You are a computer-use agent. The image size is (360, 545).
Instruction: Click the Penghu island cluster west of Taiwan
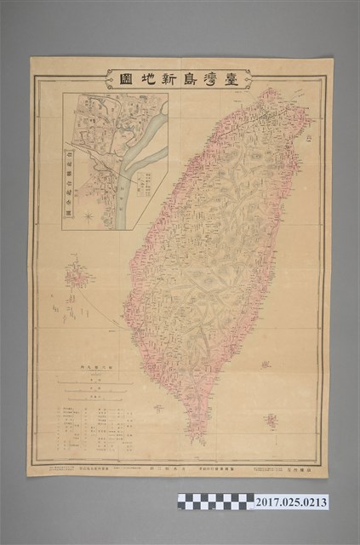(x=78, y=278)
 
